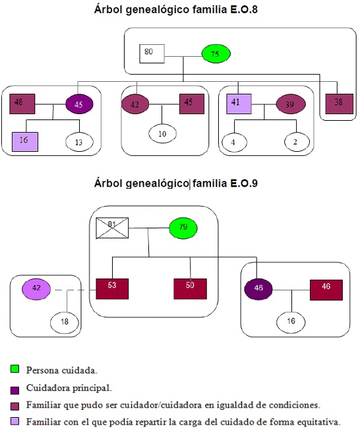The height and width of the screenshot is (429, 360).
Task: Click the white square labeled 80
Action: (x=152, y=53)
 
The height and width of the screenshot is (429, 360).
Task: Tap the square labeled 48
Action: (x=22, y=104)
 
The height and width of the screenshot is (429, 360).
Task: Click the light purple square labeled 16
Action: (x=24, y=141)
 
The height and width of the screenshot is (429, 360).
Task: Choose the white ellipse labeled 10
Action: (x=162, y=134)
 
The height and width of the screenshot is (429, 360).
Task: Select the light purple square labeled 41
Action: (x=239, y=104)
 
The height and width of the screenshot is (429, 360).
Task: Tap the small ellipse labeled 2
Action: (x=295, y=142)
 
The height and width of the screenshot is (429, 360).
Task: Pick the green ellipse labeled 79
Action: (x=184, y=228)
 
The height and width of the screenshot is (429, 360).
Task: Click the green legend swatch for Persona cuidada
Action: (x=15, y=370)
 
